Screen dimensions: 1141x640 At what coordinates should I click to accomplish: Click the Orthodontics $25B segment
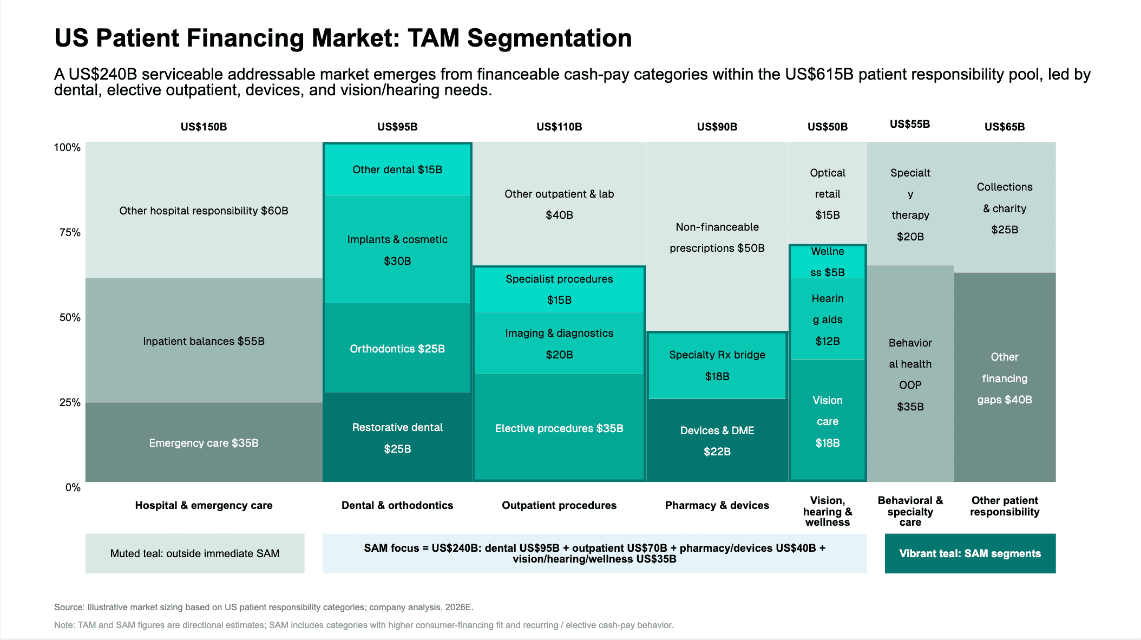click(x=397, y=348)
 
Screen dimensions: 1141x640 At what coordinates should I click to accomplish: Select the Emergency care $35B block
click(x=204, y=442)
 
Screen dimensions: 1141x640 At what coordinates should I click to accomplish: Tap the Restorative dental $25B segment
click(x=397, y=437)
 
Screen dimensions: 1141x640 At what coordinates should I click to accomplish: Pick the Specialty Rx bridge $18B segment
click(x=717, y=365)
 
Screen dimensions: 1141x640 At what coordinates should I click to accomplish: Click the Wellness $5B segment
click(x=828, y=262)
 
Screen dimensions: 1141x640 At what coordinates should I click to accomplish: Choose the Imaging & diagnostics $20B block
click(x=559, y=343)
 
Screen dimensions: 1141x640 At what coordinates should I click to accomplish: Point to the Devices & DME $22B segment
click(x=717, y=440)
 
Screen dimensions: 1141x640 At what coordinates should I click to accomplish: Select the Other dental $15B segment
click(x=397, y=169)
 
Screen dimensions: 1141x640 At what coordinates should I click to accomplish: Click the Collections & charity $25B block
click(x=1005, y=207)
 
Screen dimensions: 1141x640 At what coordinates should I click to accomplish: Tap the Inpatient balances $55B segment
click(x=204, y=341)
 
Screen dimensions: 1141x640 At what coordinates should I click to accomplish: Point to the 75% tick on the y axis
click(x=70, y=232)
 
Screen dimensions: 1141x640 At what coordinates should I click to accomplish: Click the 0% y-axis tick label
click(x=73, y=487)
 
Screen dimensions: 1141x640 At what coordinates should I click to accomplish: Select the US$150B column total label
click(x=204, y=127)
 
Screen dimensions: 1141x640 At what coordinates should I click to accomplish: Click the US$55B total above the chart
click(x=910, y=124)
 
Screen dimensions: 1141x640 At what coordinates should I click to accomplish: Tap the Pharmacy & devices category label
click(x=717, y=505)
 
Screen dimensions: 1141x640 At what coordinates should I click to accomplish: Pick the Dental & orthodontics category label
click(x=397, y=505)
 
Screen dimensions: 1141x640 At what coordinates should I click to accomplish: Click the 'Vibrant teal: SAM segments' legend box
click(x=970, y=553)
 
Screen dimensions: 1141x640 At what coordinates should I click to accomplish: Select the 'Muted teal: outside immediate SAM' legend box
click(x=195, y=553)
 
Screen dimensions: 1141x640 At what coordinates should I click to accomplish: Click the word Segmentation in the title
click(x=549, y=38)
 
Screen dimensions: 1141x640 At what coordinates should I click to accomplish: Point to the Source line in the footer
click(x=264, y=607)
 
